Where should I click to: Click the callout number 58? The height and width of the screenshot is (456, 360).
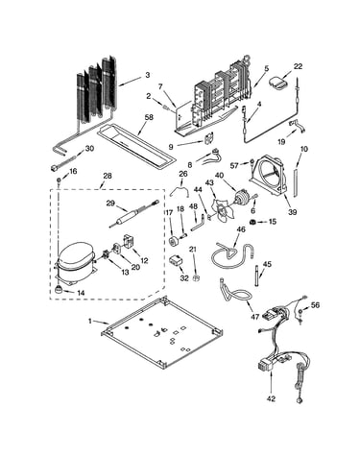(x=149, y=117)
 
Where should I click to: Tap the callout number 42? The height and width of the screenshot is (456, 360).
(x=271, y=398)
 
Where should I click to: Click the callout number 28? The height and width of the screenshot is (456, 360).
(x=108, y=176)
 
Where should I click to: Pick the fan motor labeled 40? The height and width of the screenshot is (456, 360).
(x=242, y=198)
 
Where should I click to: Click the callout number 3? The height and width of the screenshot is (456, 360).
(x=148, y=75)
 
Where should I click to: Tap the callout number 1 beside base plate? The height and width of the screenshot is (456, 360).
(x=90, y=321)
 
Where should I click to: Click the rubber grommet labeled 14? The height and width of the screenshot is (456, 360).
(x=59, y=289)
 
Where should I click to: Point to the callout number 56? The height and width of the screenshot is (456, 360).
(x=315, y=305)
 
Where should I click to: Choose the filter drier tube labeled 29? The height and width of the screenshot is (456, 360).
(x=133, y=213)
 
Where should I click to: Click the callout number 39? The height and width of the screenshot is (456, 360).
(x=292, y=211)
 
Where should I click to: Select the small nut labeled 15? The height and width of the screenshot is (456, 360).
(x=253, y=222)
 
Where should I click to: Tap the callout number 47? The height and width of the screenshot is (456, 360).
(x=254, y=317)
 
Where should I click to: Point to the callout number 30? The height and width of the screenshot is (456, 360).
(x=89, y=149)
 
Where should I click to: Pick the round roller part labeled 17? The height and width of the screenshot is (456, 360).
(x=174, y=241)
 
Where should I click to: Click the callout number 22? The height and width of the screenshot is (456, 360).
(x=298, y=66)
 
